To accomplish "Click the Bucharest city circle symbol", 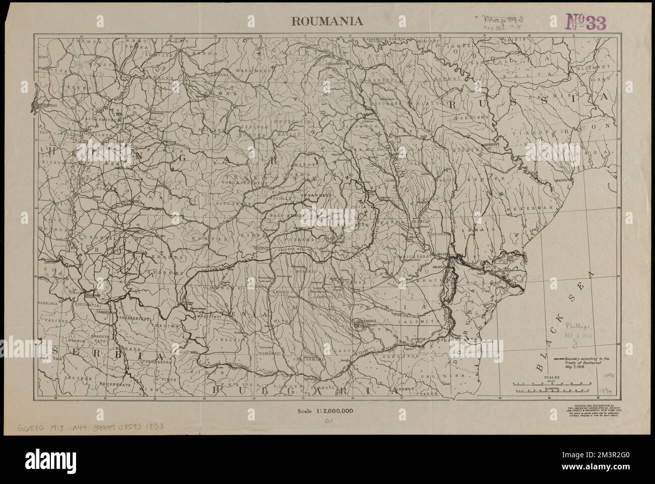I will [357, 325].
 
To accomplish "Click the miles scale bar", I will [554, 385].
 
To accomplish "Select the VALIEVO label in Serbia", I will [51, 320].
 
